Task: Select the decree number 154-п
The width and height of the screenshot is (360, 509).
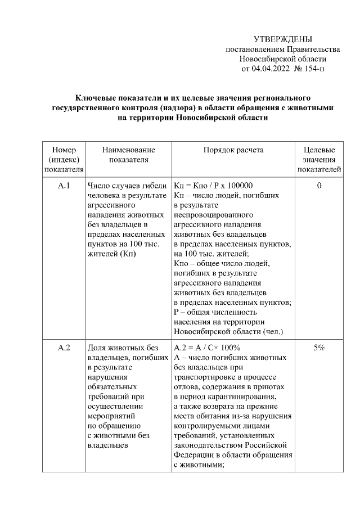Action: click(313, 69)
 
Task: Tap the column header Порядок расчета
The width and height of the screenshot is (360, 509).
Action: click(233, 150)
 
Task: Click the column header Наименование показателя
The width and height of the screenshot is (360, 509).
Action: click(128, 155)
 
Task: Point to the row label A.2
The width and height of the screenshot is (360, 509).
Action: click(64, 348)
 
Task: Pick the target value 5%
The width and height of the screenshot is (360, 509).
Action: click(319, 348)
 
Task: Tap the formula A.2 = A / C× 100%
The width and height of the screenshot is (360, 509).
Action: click(207, 348)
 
